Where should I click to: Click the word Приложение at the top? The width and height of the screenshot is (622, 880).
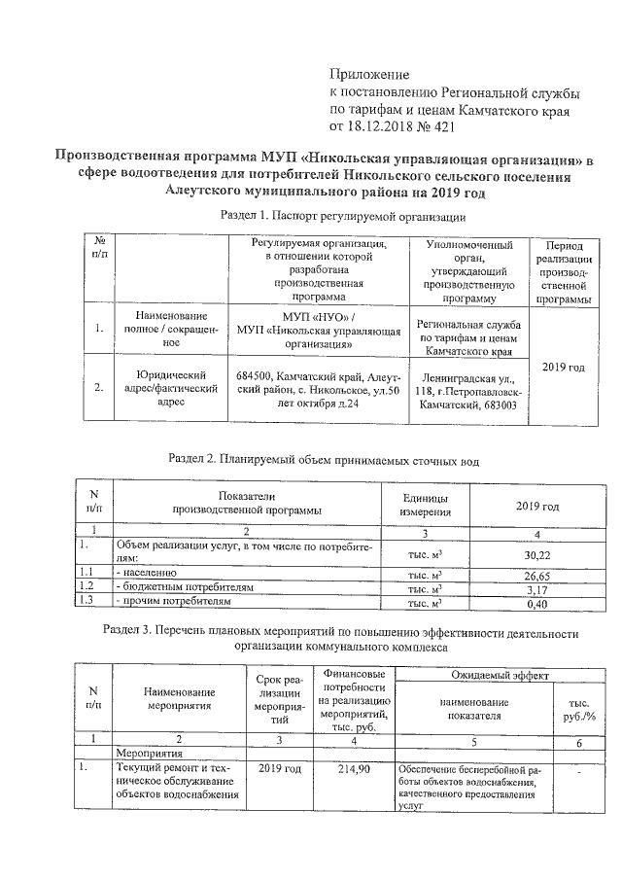point(370,75)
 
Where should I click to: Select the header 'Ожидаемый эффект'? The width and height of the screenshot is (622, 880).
point(500,674)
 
